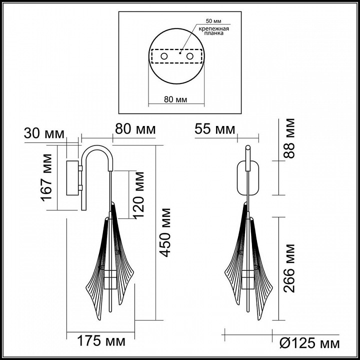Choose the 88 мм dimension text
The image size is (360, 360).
[289, 137]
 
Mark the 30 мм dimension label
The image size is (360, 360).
[44, 134]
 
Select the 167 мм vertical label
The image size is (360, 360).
[47, 177]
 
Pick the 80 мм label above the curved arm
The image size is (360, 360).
[135, 129]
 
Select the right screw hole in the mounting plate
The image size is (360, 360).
[190, 57]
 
